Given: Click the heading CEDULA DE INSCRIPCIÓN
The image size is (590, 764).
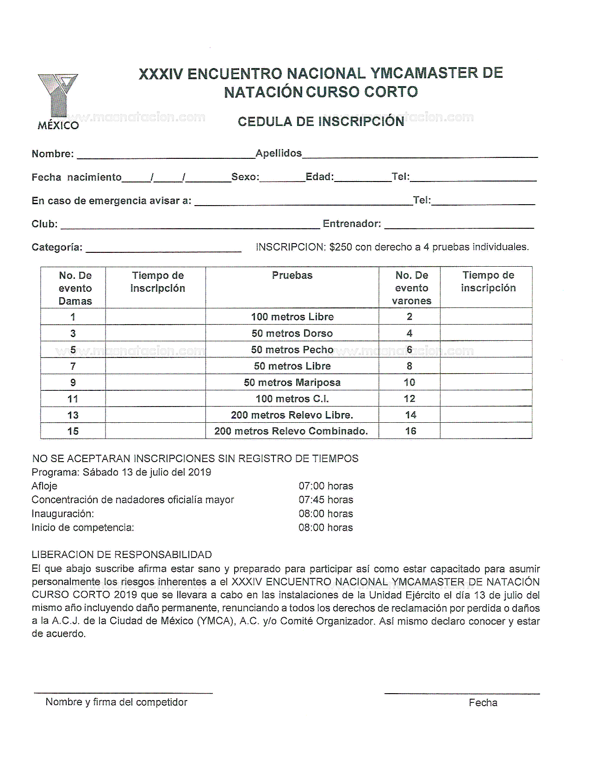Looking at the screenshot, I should point(321,122).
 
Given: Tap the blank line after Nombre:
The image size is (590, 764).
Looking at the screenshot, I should point(166,156).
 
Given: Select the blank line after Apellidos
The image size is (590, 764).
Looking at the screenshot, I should point(419,155).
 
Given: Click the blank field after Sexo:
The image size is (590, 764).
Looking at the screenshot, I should point(282,179).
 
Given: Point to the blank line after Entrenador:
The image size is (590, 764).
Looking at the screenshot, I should point(459,225).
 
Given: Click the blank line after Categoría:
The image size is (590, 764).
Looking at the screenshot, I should point(163,249).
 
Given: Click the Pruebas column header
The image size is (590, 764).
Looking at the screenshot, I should point(292,276).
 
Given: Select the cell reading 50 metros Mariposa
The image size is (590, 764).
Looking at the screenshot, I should point(292,382).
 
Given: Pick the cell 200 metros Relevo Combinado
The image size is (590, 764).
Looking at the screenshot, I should point(291,431).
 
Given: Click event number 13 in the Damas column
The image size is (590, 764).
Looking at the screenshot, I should point(73,415).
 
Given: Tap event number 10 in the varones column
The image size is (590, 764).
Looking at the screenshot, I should point(410,382).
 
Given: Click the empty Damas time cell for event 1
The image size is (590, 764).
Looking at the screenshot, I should point(155,317).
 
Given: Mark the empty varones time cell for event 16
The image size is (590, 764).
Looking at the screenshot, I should point(486,431).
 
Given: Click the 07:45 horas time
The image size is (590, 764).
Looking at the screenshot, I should point(326,500).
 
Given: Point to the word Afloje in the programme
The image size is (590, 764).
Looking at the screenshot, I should point(44,486).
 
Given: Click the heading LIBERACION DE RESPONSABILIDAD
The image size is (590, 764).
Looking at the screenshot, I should point(122,555).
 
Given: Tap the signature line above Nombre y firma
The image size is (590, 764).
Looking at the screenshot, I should point(123,693).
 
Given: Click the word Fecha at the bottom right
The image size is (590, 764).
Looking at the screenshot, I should point(483,703).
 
